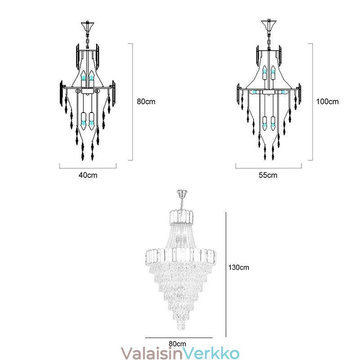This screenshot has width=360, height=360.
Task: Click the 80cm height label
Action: (x=146, y=102)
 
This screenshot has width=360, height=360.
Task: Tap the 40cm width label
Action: (x=88, y=175)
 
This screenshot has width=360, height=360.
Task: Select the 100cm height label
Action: (x=328, y=102)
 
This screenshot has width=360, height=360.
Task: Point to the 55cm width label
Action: (x=268, y=175)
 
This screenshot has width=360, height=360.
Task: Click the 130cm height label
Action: (x=239, y=267)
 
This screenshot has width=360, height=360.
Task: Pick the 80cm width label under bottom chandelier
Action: (x=177, y=344)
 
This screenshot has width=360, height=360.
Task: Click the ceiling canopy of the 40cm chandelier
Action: (x=87, y=26)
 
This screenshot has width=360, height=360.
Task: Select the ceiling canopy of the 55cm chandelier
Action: (x=269, y=25)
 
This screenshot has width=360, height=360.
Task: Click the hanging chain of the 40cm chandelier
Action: (x=87, y=40)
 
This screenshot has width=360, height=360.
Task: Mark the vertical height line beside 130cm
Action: (x=226, y=274)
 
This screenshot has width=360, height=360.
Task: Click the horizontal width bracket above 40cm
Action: (x=88, y=166)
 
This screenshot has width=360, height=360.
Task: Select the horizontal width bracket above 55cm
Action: (x=269, y=166)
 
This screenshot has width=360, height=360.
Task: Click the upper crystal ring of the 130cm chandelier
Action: (x=181, y=216)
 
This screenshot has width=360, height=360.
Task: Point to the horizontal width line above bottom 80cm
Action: (x=179, y=338)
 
